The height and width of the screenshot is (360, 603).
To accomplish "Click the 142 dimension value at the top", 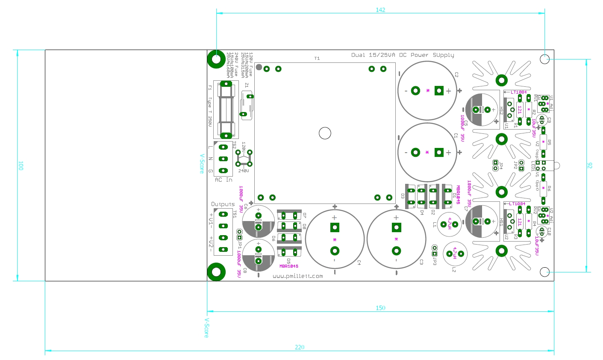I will pos(380,10).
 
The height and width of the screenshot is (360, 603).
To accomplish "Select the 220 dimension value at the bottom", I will pos(300,347).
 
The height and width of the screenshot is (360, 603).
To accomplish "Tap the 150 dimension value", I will pos(380,308).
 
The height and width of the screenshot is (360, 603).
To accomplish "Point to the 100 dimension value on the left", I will pos(20,165).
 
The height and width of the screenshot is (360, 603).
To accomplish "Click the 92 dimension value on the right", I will pos(590,165).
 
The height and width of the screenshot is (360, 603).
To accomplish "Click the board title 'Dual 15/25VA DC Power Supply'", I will pos(403,55).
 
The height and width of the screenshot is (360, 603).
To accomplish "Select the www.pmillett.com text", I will pos(297,276).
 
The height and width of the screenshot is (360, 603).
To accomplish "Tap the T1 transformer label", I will pos(317,59).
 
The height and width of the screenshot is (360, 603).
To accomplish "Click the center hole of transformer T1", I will pos(325,133).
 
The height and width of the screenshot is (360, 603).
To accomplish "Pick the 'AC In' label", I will pos(224,180).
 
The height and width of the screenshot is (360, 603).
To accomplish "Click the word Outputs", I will pos(223,204).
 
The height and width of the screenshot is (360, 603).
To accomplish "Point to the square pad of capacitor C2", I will pos(438,91).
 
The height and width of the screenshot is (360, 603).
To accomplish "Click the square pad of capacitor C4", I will pos(334,227).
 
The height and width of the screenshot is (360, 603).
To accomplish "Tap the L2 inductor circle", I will pos(455,254).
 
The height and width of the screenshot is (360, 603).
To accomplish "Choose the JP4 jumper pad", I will pos(496,163).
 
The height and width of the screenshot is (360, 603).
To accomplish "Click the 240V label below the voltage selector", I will pos(243,171).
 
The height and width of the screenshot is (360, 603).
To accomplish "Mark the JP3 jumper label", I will pos(435,260).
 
